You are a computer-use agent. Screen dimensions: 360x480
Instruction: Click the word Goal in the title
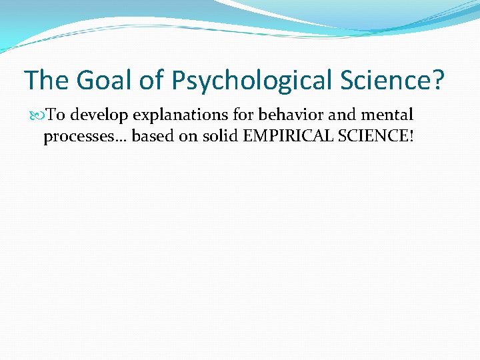107,81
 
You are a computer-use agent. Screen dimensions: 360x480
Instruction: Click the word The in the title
47,81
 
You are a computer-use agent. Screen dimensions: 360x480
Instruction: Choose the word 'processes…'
85,138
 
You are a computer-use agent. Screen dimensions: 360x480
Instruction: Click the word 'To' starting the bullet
55,116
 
